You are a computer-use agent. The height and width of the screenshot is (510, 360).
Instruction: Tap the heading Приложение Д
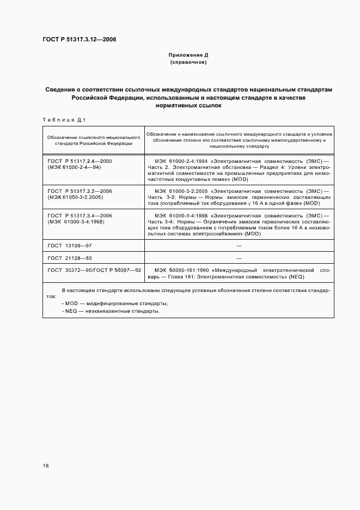188,55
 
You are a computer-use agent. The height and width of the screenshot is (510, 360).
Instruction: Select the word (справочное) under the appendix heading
188,63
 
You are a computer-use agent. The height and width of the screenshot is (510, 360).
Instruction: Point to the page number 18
46,465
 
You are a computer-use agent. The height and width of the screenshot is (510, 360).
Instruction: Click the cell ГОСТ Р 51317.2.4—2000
80,161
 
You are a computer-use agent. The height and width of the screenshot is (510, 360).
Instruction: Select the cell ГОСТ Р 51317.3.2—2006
80,191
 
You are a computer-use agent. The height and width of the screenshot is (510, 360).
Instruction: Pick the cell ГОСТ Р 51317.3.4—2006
80,216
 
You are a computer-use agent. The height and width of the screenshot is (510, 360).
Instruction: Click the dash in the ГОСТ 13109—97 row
239,246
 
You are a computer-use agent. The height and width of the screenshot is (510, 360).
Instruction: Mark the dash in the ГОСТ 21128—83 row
239,258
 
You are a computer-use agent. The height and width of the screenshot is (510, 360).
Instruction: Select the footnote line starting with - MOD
115,303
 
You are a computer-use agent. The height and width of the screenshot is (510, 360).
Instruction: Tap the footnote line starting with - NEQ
111,311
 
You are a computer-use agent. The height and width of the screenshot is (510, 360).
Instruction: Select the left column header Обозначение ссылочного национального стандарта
94,141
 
